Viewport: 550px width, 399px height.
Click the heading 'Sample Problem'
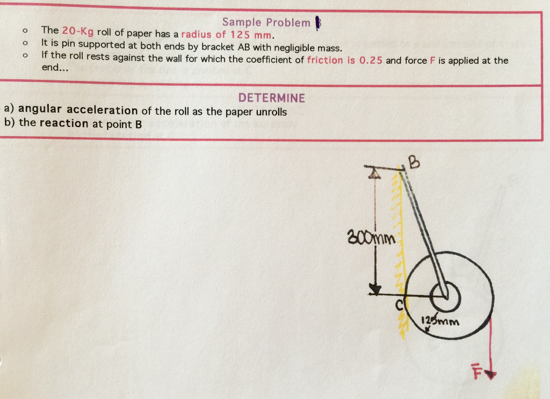coord(266,23)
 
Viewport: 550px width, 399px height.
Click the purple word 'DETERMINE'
coord(271,98)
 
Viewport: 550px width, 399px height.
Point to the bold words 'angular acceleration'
coord(78,110)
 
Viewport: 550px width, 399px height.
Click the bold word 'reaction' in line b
coord(64,123)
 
